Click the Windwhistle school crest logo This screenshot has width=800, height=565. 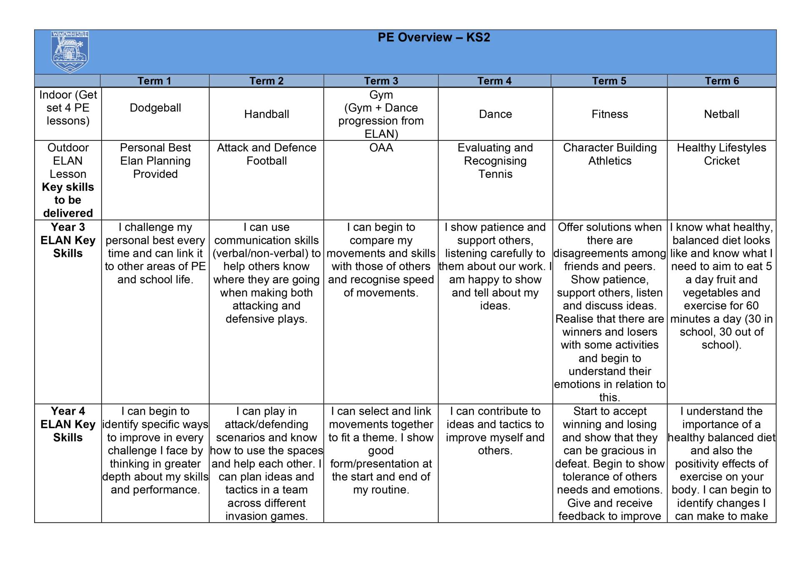(70, 52)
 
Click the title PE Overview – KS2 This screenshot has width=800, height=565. (434, 37)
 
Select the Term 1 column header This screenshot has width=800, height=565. (155, 81)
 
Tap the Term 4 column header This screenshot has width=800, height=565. (495, 81)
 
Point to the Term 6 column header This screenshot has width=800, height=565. (722, 81)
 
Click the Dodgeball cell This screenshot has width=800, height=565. (155, 108)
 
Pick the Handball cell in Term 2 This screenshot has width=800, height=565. (267, 114)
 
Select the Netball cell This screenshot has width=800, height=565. (722, 114)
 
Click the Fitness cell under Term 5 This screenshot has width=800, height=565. (610, 114)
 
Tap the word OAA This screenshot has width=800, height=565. (381, 148)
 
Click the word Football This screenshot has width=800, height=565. (267, 161)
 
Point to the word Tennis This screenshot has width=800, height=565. (495, 174)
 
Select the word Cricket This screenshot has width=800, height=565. (722, 161)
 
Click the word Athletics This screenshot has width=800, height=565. (610, 161)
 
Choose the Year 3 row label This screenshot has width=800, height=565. (68, 227)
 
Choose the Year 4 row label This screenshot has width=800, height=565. (68, 411)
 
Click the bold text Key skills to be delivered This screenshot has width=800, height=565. (68, 200)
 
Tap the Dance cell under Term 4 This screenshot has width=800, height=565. (495, 114)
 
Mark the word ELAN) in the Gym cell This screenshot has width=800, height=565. (381, 134)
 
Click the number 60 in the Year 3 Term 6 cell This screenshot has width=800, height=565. (752, 306)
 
